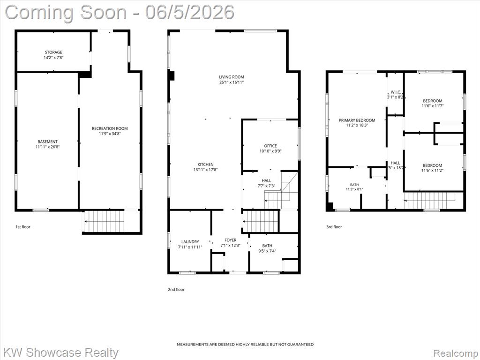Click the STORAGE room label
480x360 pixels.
53,52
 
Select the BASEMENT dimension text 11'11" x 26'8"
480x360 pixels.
47,147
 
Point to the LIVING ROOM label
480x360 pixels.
232,77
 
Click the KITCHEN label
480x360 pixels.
205,165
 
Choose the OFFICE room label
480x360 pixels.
270,146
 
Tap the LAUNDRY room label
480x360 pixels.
190,242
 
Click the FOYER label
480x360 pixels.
231,240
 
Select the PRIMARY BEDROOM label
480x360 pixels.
357,120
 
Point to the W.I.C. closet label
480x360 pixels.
396,92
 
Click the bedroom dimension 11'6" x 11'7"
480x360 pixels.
433,106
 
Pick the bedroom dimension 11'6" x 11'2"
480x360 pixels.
432,171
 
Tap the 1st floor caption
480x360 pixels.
23,227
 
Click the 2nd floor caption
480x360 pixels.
176,289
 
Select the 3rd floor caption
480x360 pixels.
334,227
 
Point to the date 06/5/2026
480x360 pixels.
190,12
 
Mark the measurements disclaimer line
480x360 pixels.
245,345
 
